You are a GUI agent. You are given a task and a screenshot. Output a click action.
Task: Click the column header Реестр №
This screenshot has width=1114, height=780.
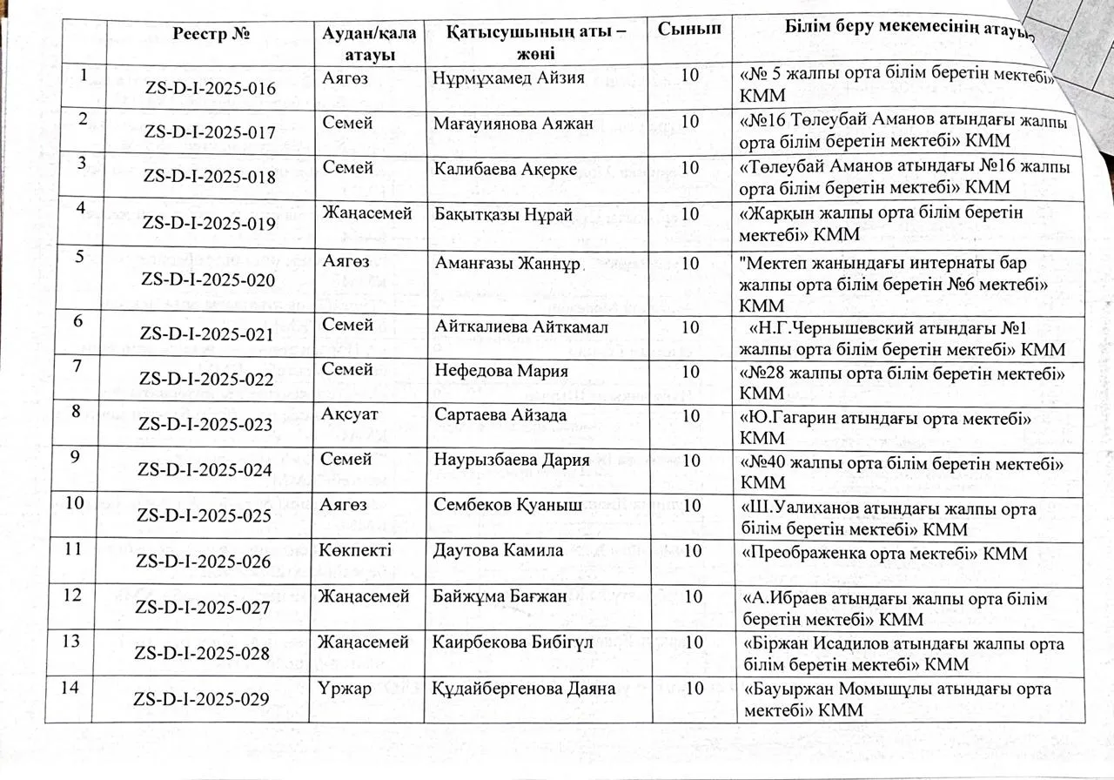tap(212, 33)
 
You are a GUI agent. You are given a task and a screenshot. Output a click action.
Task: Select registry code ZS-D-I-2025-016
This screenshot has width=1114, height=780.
tap(210, 89)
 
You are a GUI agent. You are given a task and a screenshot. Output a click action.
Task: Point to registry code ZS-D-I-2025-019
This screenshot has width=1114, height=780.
tap(210, 224)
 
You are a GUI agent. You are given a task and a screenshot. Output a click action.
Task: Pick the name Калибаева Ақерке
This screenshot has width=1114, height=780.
tap(505, 169)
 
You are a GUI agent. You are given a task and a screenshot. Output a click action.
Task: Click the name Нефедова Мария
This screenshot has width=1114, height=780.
tap(500, 371)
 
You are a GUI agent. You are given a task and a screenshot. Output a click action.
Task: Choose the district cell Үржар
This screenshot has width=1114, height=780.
tap(346, 688)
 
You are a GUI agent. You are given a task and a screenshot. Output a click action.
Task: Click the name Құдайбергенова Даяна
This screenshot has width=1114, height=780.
tap(524, 689)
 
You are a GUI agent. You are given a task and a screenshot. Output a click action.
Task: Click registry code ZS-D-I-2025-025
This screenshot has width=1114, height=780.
tap(204, 515)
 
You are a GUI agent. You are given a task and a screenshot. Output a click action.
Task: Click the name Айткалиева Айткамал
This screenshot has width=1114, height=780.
tap(520, 326)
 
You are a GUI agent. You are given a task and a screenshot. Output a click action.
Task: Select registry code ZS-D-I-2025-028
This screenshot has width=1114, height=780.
tap(204, 652)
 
